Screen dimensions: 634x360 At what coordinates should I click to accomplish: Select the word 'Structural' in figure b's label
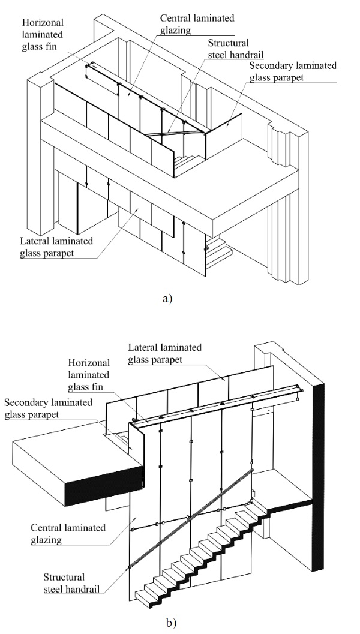pos(65,576)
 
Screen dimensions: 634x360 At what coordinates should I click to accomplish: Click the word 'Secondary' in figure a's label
pos(271,65)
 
